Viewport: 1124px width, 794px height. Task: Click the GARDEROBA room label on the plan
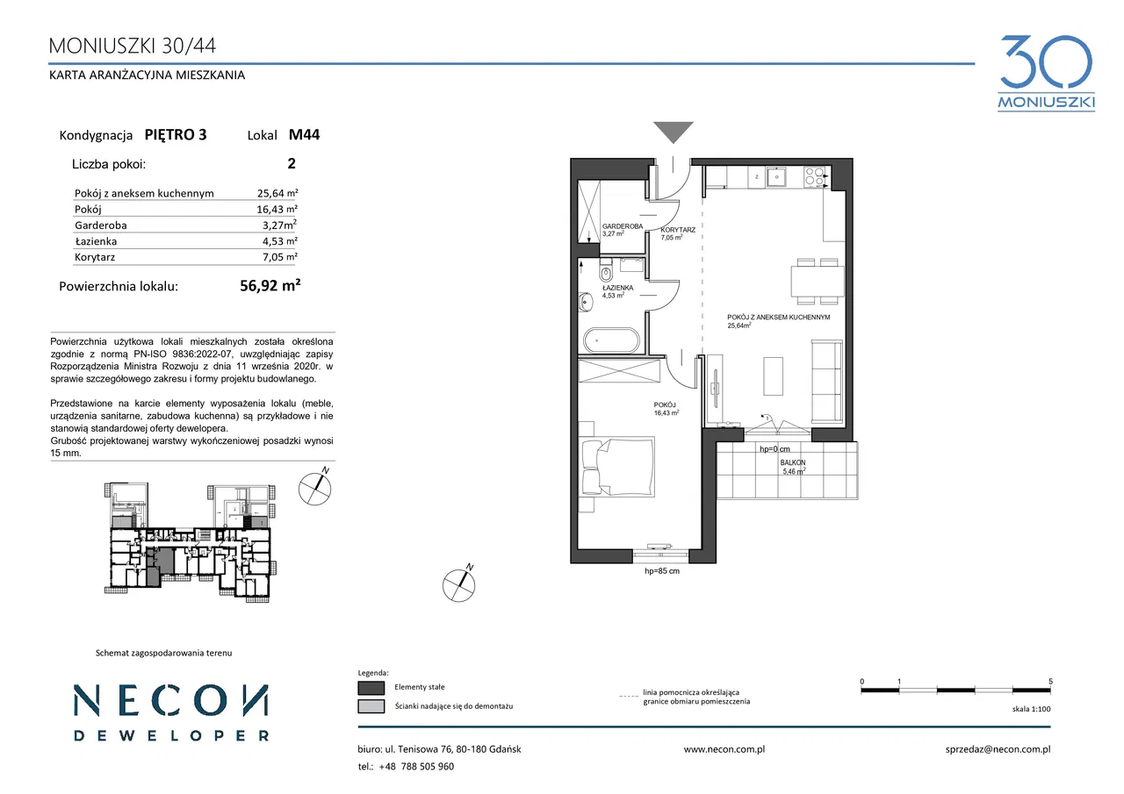pyautogui.click(x=623, y=226)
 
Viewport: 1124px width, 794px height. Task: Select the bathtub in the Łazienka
pyautogui.click(x=611, y=341)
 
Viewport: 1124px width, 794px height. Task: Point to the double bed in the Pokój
pyautogui.click(x=617, y=467)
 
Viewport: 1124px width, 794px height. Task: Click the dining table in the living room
pyautogui.click(x=818, y=282)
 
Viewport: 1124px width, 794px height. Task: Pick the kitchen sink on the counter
pyautogui.click(x=776, y=177)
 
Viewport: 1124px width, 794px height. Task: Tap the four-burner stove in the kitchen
pyautogui.click(x=814, y=177)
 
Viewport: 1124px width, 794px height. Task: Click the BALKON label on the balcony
pyautogui.click(x=793, y=462)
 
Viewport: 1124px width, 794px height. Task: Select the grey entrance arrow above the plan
pyautogui.click(x=674, y=132)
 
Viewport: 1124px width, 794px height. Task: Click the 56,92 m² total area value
pyautogui.click(x=270, y=285)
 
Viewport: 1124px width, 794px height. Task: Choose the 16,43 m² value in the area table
pyautogui.click(x=277, y=209)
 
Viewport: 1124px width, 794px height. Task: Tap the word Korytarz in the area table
pyautogui.click(x=95, y=257)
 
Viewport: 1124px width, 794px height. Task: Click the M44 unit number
pyautogui.click(x=304, y=134)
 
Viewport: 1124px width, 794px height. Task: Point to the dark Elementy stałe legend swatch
pyautogui.click(x=371, y=687)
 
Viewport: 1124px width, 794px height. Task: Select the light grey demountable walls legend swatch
pyautogui.click(x=371, y=706)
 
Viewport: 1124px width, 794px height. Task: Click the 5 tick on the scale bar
pyautogui.click(x=1050, y=681)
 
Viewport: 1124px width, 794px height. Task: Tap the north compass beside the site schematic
pyautogui.click(x=314, y=488)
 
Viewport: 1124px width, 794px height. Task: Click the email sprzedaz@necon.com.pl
pyautogui.click(x=998, y=749)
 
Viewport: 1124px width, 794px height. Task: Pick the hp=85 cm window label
pyautogui.click(x=662, y=571)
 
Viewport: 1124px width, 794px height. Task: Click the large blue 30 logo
pyautogui.click(x=1046, y=62)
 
